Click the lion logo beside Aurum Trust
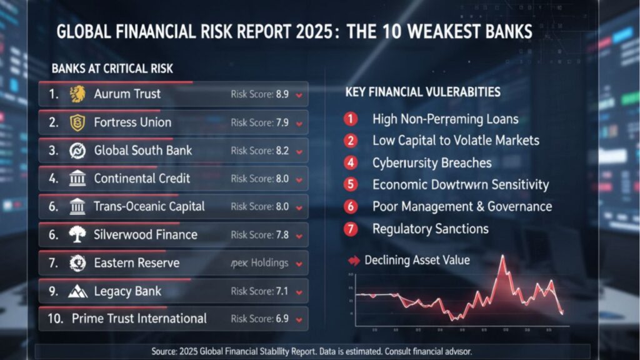77,94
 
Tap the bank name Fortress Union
132,122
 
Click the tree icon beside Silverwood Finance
77,235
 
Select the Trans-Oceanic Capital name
149,207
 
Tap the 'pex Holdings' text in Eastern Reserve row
259,263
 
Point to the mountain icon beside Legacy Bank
77,291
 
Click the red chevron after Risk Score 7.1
299,292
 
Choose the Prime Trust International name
139,319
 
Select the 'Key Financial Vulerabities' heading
422,92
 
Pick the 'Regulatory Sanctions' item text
431,229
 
